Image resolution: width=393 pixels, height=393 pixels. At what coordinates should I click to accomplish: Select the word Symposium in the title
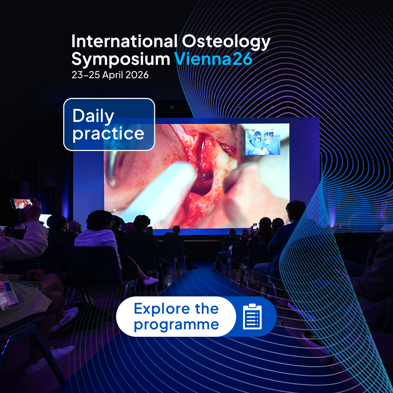coord(121,59)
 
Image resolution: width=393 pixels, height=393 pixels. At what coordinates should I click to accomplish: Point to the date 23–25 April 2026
coord(110,75)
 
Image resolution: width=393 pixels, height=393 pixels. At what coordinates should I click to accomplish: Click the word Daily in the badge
coord(93,116)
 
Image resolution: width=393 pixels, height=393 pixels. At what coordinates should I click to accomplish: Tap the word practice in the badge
coord(108,134)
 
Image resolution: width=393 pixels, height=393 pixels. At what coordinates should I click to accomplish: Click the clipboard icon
coord(252,317)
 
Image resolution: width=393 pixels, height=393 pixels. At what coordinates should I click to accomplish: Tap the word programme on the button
coord(176,325)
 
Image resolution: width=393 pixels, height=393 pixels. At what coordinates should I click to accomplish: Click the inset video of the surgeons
coord(263,142)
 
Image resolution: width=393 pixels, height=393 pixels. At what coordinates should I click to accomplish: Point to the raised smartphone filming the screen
coord(21,203)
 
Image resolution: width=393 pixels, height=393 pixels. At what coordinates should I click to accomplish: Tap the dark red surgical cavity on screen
coord(203,175)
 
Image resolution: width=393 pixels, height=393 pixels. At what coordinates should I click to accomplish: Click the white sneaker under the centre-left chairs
coord(151,281)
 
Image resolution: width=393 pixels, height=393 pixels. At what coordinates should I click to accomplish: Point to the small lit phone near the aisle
coord(255,227)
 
